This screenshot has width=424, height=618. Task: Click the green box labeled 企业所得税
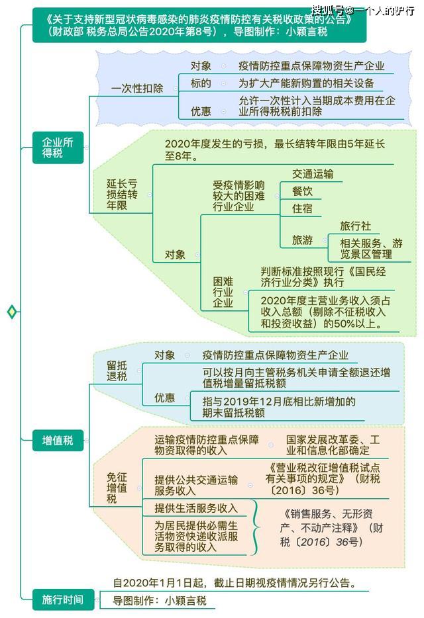pyautogui.click(x=58, y=148)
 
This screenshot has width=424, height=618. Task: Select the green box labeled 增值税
pyautogui.click(x=58, y=440)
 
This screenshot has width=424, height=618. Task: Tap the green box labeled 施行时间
pyautogui.click(x=63, y=600)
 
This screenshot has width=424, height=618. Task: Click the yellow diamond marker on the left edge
pyautogui.click(x=12, y=312)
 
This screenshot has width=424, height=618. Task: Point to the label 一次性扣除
pyautogui.click(x=137, y=88)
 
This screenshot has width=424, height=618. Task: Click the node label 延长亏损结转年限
pyautogui.click(x=122, y=195)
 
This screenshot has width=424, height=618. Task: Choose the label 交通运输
pyautogui.click(x=313, y=174)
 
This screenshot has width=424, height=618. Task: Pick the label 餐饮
pyautogui.click(x=302, y=191)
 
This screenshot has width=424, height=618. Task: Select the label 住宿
pyautogui.click(x=302, y=208)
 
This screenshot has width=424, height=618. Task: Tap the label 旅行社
pyautogui.click(x=355, y=226)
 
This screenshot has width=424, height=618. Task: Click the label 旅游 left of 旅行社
pyautogui.click(x=302, y=240)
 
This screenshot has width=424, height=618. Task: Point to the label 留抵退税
pyautogui.click(x=117, y=371)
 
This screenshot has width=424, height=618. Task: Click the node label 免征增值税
pyautogui.click(x=117, y=488)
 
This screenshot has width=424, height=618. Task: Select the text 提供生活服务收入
pyautogui.click(x=196, y=508)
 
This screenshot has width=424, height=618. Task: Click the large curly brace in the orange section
pyautogui.click(x=256, y=527)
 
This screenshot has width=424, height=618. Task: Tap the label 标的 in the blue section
pyautogui.click(x=201, y=83)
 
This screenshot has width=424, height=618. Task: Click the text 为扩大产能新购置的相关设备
pyautogui.click(x=306, y=83)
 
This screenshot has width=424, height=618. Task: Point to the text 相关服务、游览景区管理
pyautogui.click(x=371, y=249)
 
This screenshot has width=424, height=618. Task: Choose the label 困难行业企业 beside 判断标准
pyautogui.click(x=223, y=292)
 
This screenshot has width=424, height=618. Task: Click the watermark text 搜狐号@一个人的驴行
pyautogui.click(x=363, y=10)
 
